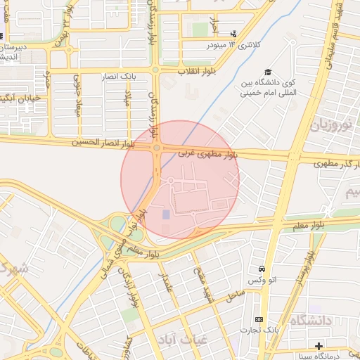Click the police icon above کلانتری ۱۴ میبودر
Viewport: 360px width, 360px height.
233,34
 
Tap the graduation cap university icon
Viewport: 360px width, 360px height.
268,72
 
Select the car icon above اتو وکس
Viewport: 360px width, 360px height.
262,269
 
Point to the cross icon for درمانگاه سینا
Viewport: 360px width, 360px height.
319,346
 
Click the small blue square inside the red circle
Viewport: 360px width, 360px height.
166,214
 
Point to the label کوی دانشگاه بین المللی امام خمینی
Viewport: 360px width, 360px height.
269,88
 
